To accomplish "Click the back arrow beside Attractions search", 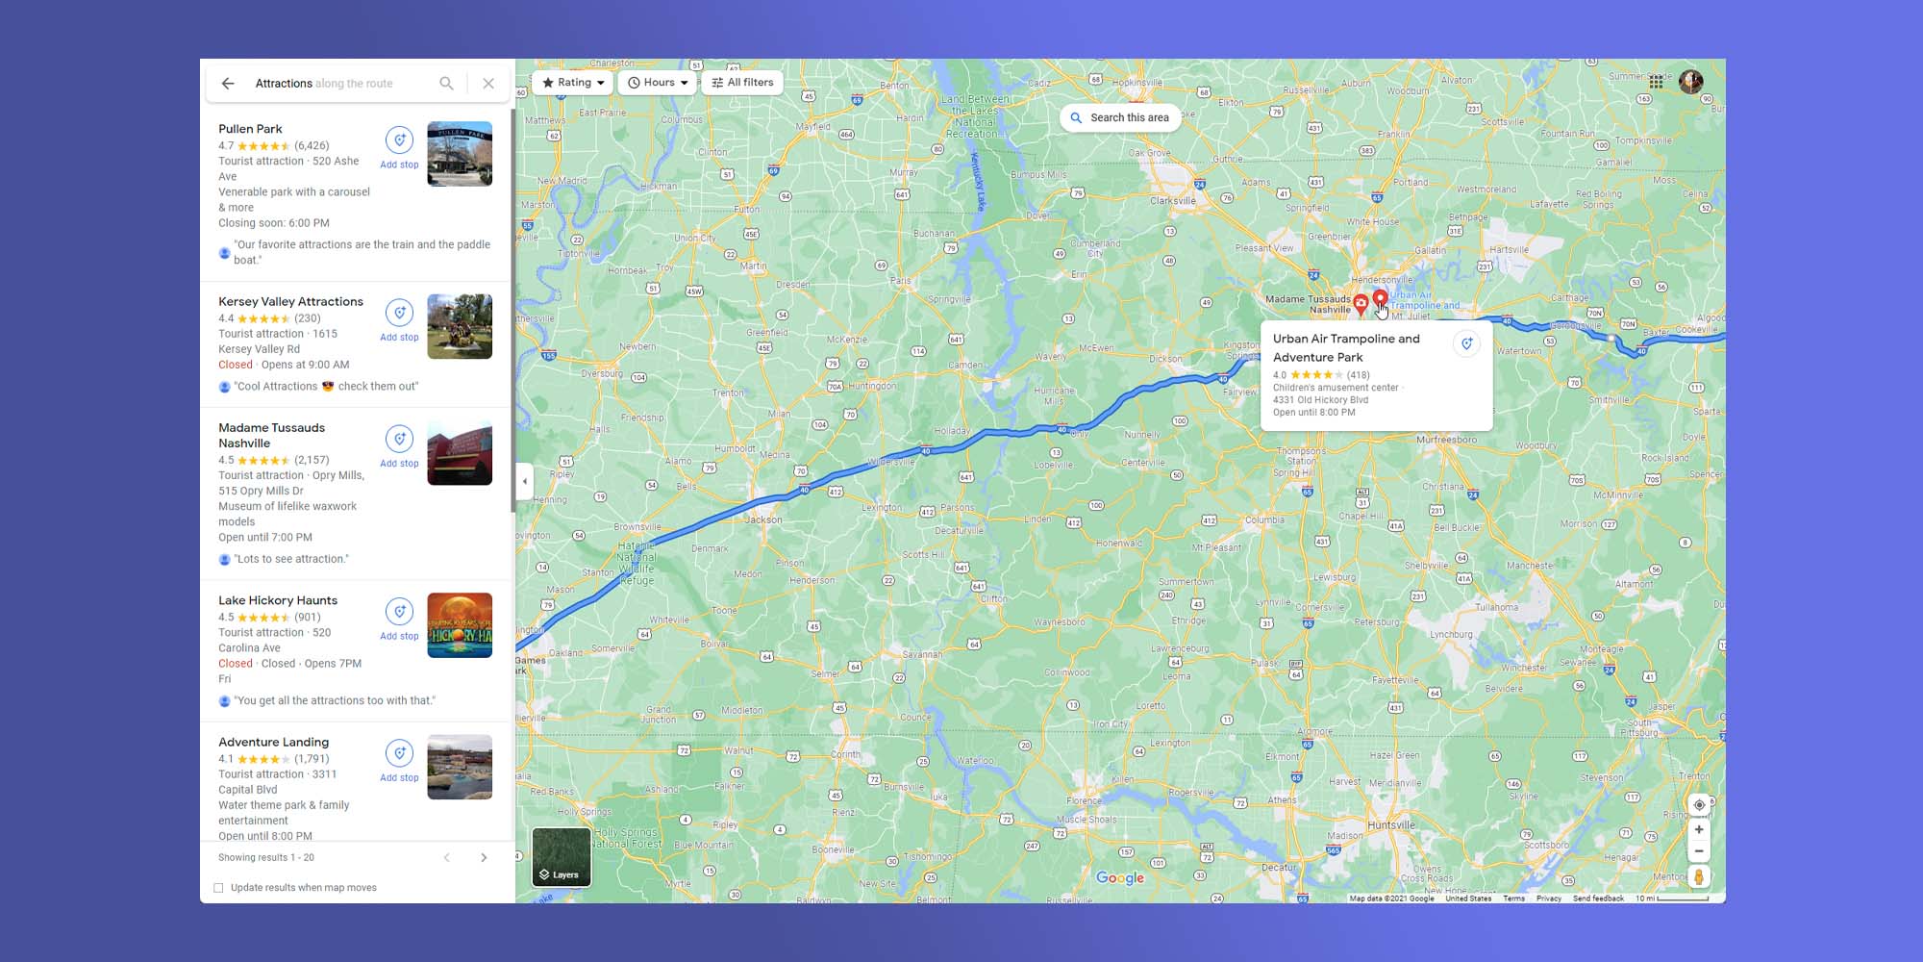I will [x=228, y=84].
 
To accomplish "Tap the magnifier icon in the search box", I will [x=446, y=84].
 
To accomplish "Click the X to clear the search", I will [x=488, y=84].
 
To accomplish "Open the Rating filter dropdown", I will [x=573, y=83].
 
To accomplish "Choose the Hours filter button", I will [x=658, y=83].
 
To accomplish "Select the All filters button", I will [x=742, y=83].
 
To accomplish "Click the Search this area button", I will [x=1120, y=117].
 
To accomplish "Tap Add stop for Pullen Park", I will [x=399, y=147].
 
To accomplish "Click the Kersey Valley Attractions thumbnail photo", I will [x=460, y=326].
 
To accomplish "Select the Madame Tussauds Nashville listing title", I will [x=271, y=435].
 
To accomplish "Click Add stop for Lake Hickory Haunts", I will [x=399, y=619].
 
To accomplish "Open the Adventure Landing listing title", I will [x=273, y=742].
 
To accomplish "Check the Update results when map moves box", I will [x=218, y=888].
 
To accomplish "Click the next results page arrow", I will [x=484, y=857].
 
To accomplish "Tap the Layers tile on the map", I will [x=562, y=856].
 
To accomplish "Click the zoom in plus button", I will [x=1699, y=829].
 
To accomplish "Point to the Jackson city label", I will [x=763, y=519].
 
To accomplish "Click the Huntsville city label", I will [x=1390, y=825].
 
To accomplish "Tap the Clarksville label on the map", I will [x=1173, y=201].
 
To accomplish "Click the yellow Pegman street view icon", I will [x=1699, y=876].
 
